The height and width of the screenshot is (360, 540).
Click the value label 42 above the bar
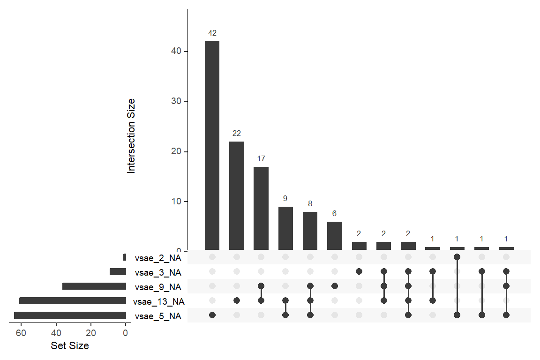[212, 33]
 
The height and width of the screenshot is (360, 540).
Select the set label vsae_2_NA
[157, 257]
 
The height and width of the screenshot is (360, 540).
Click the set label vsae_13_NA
[159, 301]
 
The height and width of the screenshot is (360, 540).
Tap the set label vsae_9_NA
[157, 286]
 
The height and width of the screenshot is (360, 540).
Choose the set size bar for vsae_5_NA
[70, 315]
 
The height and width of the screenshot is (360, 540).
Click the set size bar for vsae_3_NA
[118, 272]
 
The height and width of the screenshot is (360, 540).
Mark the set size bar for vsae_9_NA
[94, 286]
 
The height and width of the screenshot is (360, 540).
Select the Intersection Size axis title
[131, 136]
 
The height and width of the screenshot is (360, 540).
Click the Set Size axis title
[70, 346]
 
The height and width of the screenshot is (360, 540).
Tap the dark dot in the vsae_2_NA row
[457, 257]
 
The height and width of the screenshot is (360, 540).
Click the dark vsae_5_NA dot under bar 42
[212, 315]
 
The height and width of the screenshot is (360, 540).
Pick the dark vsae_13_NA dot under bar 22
[237, 300]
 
